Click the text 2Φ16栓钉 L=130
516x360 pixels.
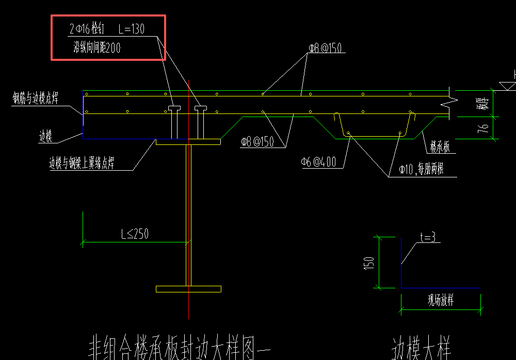107,30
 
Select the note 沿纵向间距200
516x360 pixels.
97,48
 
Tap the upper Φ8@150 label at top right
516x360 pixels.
326,48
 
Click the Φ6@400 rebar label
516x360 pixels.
318,162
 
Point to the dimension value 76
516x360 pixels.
483,129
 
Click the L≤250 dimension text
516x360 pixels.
135,234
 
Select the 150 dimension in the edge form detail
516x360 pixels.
369,263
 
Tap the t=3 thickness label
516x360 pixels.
428,238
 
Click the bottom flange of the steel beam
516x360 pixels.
188,289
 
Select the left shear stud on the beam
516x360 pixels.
173,123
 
